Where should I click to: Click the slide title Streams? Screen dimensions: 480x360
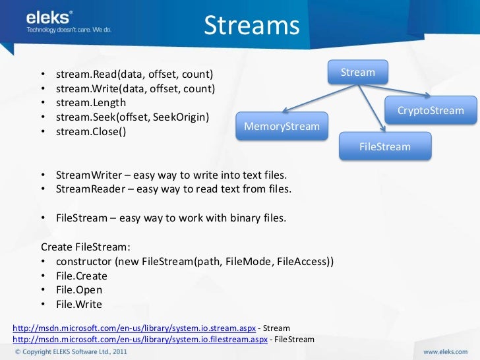tap(251, 26)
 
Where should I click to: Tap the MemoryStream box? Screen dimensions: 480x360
tap(282, 127)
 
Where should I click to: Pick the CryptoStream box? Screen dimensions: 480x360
tap(431, 110)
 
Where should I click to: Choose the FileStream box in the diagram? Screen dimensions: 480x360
tap(385, 146)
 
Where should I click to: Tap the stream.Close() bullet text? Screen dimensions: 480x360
tap(91, 131)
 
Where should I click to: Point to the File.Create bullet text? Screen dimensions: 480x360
tap(82, 276)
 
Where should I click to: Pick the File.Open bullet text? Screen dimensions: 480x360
tap(79, 289)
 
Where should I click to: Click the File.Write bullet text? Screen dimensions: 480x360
tap(79, 304)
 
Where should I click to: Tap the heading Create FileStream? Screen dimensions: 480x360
tap(86, 247)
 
